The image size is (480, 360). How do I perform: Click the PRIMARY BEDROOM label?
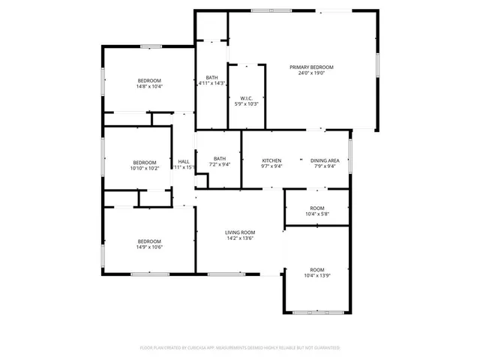click(x=311, y=67)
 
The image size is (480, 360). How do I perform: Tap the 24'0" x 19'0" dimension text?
click(x=311, y=73)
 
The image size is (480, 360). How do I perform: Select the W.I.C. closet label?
click(x=246, y=98)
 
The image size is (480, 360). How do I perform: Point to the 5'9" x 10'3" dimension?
click(x=246, y=104)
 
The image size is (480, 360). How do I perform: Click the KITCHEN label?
click(x=271, y=160)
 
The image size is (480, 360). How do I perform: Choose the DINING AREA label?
click(x=325, y=160)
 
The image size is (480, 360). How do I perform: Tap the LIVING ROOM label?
click(x=240, y=232)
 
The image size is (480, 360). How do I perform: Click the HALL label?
click(x=184, y=161)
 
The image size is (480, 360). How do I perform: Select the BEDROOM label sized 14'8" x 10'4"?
click(x=149, y=80)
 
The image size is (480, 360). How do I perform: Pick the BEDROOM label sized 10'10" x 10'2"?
click(x=145, y=162)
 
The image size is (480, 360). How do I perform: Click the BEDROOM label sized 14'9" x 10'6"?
click(x=149, y=241)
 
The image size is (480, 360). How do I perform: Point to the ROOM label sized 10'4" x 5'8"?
click(x=316, y=208)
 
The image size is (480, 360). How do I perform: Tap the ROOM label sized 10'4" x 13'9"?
click(x=316, y=270)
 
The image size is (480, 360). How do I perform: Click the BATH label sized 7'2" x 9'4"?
click(x=219, y=158)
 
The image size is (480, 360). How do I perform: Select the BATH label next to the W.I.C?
click(x=211, y=77)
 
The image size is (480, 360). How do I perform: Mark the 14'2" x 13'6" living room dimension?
click(x=240, y=239)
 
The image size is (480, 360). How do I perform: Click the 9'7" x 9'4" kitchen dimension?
click(x=271, y=166)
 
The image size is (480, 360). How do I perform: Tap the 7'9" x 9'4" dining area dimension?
click(x=325, y=166)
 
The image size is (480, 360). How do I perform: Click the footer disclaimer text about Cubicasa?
click(x=240, y=348)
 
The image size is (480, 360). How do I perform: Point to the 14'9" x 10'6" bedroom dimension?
click(x=149, y=247)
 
